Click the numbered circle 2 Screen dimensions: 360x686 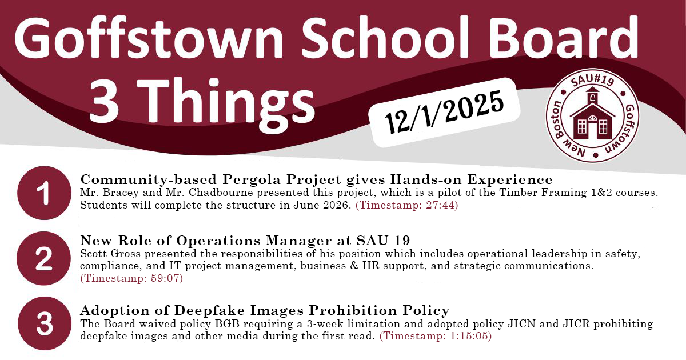[x=45, y=261]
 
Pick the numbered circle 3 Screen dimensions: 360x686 [x=45, y=324]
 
